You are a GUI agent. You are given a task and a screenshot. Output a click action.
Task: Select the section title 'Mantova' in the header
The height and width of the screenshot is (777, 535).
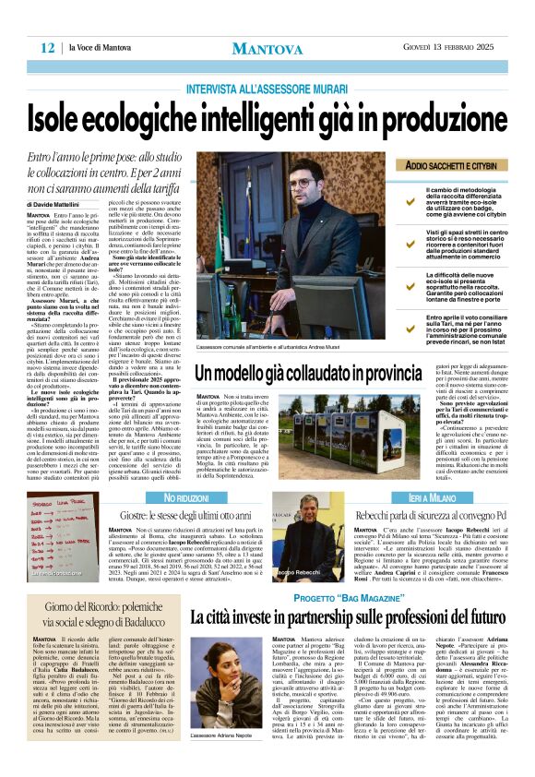267,48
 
